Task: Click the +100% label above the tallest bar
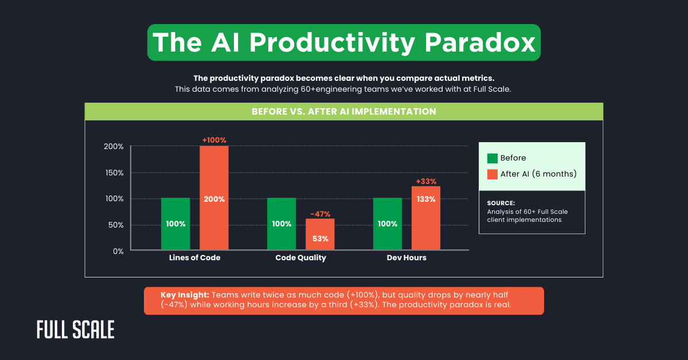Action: [214, 140]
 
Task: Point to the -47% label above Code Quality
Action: [320, 213]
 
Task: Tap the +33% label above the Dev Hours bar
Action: [426, 181]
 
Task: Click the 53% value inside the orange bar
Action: [320, 238]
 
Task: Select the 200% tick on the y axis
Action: [114, 146]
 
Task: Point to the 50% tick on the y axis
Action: [116, 225]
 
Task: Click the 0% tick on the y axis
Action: [118, 251]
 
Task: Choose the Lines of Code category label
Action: [194, 258]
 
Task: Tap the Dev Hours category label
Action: [406, 258]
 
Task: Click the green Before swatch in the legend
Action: [492, 158]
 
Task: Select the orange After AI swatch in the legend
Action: [492, 174]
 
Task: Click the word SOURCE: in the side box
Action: [501, 203]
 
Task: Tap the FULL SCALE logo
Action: [75, 330]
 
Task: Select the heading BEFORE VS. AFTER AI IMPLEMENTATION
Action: [344, 111]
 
